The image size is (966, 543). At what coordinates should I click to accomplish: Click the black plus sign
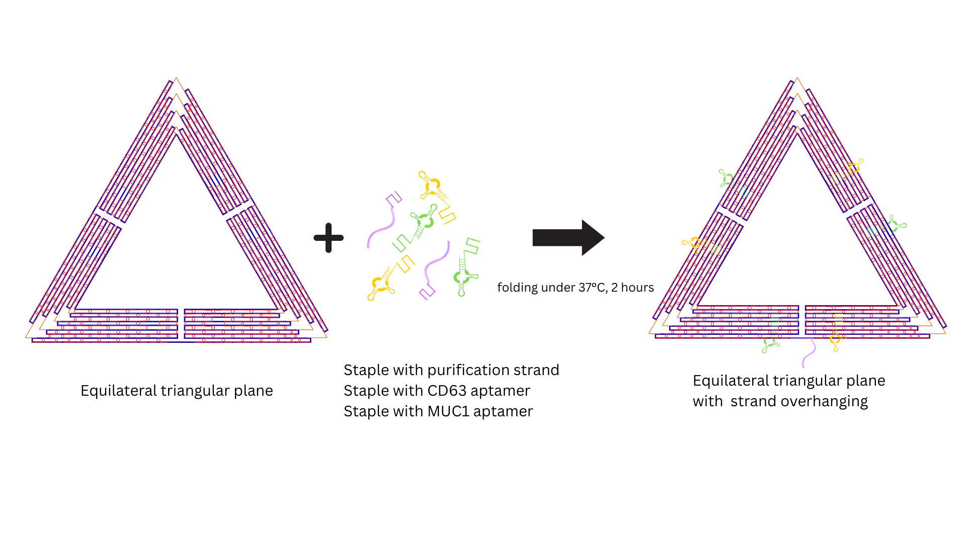coord(329,238)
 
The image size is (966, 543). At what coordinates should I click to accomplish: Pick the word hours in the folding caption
coord(637,288)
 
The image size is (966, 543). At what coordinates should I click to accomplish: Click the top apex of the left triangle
coord(176,79)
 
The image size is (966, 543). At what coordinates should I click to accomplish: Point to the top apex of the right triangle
coord(797,79)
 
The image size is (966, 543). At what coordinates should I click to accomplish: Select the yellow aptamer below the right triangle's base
coord(835,340)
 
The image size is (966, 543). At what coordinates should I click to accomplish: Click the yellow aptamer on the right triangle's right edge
coord(854,167)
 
